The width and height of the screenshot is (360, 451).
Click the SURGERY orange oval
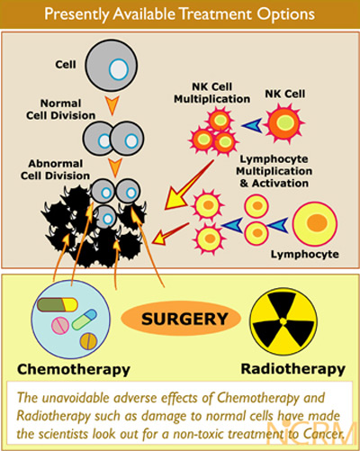point(181,319)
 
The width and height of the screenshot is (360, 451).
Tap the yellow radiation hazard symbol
point(283,321)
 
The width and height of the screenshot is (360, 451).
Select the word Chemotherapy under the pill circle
point(74,370)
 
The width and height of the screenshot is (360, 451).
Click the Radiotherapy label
point(293,369)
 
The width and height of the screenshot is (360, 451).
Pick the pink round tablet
point(60,326)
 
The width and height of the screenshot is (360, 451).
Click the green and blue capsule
point(85,320)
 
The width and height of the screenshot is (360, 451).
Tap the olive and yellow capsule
point(57,305)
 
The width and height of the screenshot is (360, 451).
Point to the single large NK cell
point(284,122)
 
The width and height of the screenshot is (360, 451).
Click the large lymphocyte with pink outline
point(315,224)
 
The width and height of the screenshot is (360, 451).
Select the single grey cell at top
point(112,66)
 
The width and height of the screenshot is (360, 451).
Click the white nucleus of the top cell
point(119,69)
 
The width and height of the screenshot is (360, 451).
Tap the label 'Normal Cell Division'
point(60,110)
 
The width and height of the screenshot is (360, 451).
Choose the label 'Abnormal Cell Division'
point(55,169)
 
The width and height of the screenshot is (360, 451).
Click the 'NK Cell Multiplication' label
point(211,93)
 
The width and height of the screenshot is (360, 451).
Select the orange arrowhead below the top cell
point(112,105)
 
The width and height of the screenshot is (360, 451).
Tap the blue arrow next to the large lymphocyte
point(277,225)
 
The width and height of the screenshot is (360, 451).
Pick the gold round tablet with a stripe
point(88,341)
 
